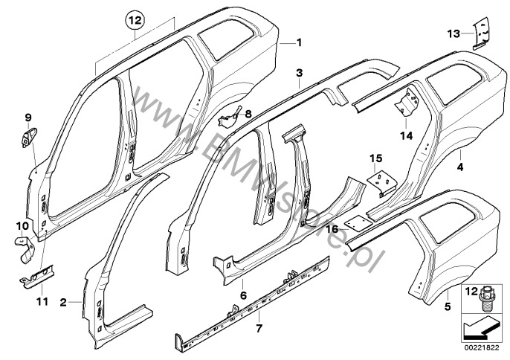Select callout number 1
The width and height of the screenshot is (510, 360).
tap(299, 42)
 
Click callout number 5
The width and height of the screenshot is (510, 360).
tap(243, 295)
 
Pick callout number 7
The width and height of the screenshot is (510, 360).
tap(248, 114)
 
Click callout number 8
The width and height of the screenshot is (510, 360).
tap(28, 117)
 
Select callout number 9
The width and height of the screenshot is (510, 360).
tap(22, 225)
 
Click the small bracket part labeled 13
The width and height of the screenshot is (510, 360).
tap(481, 33)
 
